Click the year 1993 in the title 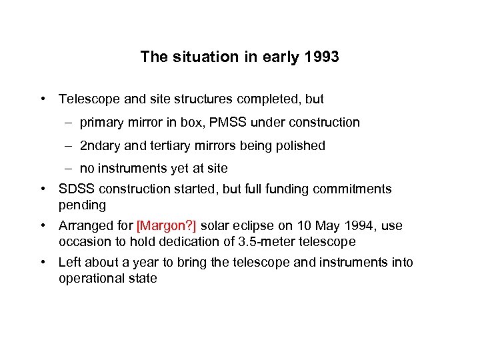(x=321, y=57)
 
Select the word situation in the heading (x=197, y=57)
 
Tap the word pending (x=82, y=205)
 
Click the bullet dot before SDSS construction (x=43, y=189)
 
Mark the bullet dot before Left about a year (x=43, y=263)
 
